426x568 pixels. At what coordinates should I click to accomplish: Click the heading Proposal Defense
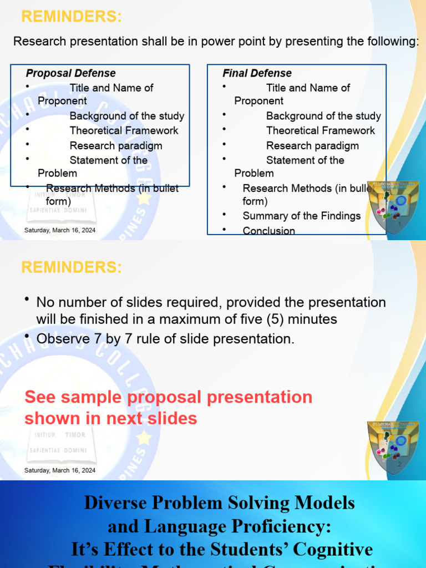pyautogui.click(x=71, y=73)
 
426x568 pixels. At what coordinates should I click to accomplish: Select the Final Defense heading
pyautogui.click(x=257, y=73)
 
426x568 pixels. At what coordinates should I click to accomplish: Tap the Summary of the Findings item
pyautogui.click(x=301, y=216)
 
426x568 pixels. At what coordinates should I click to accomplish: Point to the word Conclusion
pyautogui.click(x=268, y=231)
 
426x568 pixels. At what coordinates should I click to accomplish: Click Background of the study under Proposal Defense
pyautogui.click(x=127, y=116)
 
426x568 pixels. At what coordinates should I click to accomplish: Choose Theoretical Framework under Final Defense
pyautogui.click(x=321, y=130)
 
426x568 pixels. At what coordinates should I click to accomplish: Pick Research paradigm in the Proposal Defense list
pyautogui.click(x=116, y=145)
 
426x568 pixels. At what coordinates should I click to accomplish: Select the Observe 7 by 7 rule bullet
pyautogui.click(x=165, y=339)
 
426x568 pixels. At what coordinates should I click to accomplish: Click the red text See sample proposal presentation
pyautogui.click(x=168, y=397)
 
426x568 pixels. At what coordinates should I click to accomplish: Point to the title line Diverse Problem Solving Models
pyautogui.click(x=219, y=503)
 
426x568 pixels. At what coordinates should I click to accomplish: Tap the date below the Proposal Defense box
pyautogui.click(x=60, y=230)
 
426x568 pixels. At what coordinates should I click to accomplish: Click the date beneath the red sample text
pyautogui.click(x=60, y=470)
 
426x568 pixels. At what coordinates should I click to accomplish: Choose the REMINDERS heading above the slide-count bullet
pyautogui.click(x=71, y=267)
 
